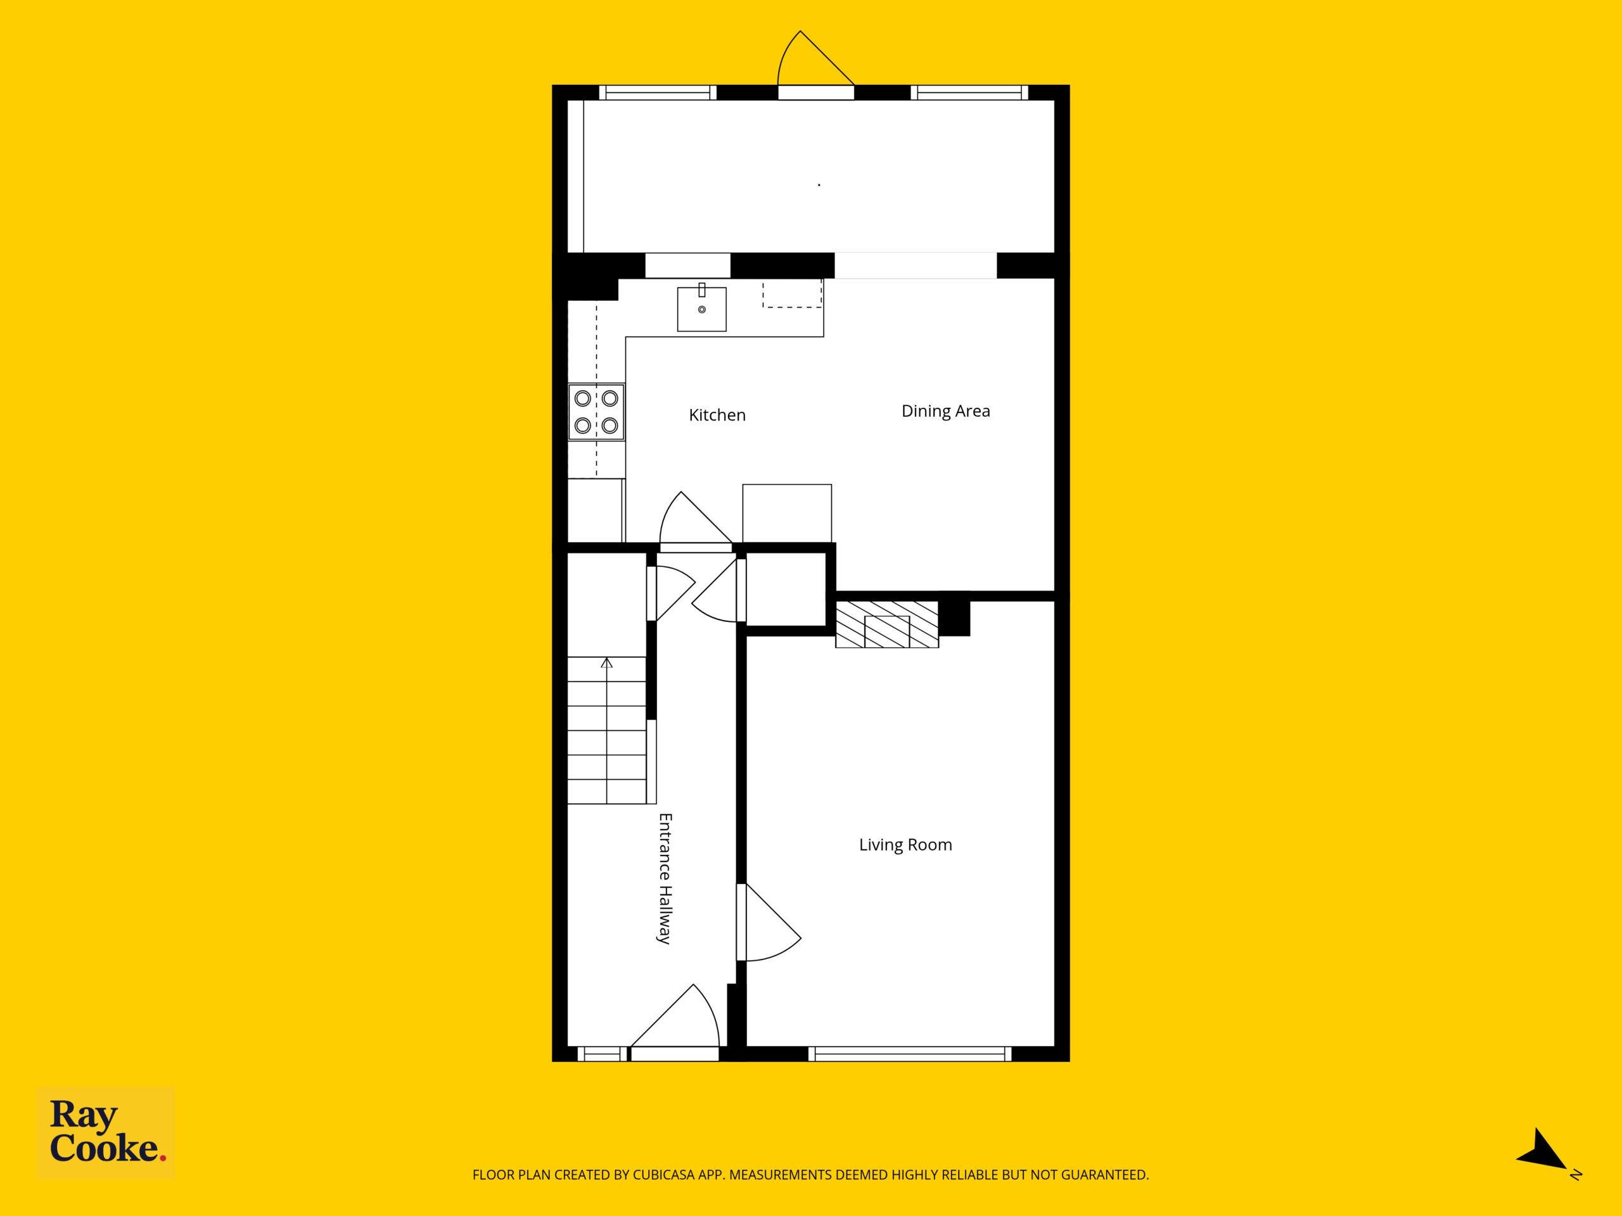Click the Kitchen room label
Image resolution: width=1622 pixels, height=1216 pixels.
coord(717,415)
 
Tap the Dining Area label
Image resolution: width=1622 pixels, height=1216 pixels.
coord(945,411)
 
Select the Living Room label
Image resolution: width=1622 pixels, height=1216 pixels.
coord(905,844)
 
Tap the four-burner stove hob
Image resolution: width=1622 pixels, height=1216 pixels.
coord(596,412)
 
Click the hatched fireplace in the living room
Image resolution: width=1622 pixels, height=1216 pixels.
coord(887,624)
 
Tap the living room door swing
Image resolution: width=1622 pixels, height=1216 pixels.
coord(769,922)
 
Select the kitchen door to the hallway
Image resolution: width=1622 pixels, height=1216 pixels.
coord(696,521)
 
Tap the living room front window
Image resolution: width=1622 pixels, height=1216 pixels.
coord(910,1054)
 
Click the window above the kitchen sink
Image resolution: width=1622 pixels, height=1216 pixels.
coord(688,265)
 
